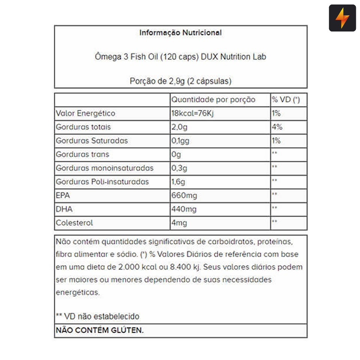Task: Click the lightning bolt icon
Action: pyautogui.click(x=342, y=18)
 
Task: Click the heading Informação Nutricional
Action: pyautogui.click(x=180, y=33)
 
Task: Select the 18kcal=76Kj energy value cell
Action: pyautogui.click(x=192, y=114)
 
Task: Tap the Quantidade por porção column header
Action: pyautogui.click(x=213, y=100)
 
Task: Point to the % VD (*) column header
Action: pyautogui.click(x=286, y=100)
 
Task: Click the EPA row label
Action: pyautogui.click(x=63, y=195)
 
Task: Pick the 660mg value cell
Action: pyautogui.click(x=184, y=195)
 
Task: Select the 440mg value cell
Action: pyautogui.click(x=184, y=209)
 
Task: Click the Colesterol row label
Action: pyautogui.click(x=74, y=223)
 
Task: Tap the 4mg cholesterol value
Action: pyautogui.click(x=179, y=223)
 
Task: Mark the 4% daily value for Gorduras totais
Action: pyautogui.click(x=277, y=127)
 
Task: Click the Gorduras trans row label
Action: pyautogui.click(x=82, y=154)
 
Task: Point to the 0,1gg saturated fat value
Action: pyautogui.click(x=181, y=141)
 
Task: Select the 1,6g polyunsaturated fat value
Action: pyautogui.click(x=178, y=182)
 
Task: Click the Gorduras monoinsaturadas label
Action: pyautogui.click(x=105, y=168)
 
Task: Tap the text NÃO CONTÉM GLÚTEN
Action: pyautogui.click(x=99, y=330)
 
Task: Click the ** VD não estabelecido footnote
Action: pyautogui.click(x=97, y=316)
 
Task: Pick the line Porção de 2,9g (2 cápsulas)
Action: pyautogui.click(x=180, y=81)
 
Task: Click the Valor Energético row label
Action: pyautogui.click(x=85, y=114)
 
